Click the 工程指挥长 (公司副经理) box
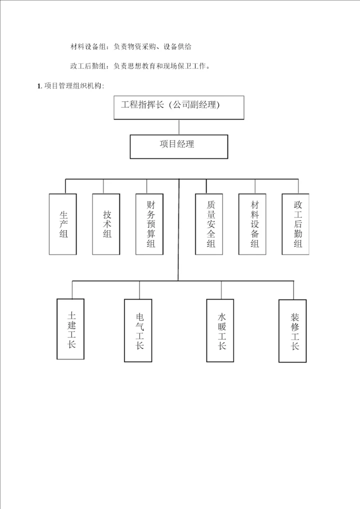point(178,107)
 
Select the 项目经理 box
point(178,146)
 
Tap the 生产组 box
point(63,224)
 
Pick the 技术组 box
point(106,224)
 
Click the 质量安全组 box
point(209,224)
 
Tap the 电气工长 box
point(138,330)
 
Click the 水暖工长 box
point(220,330)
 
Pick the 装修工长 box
point(293,330)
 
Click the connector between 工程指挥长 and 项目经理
point(178,126)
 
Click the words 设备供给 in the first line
point(177,46)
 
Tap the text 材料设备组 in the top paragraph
point(88,46)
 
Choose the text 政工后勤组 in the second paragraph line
point(88,65)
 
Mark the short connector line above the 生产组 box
point(65,186)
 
